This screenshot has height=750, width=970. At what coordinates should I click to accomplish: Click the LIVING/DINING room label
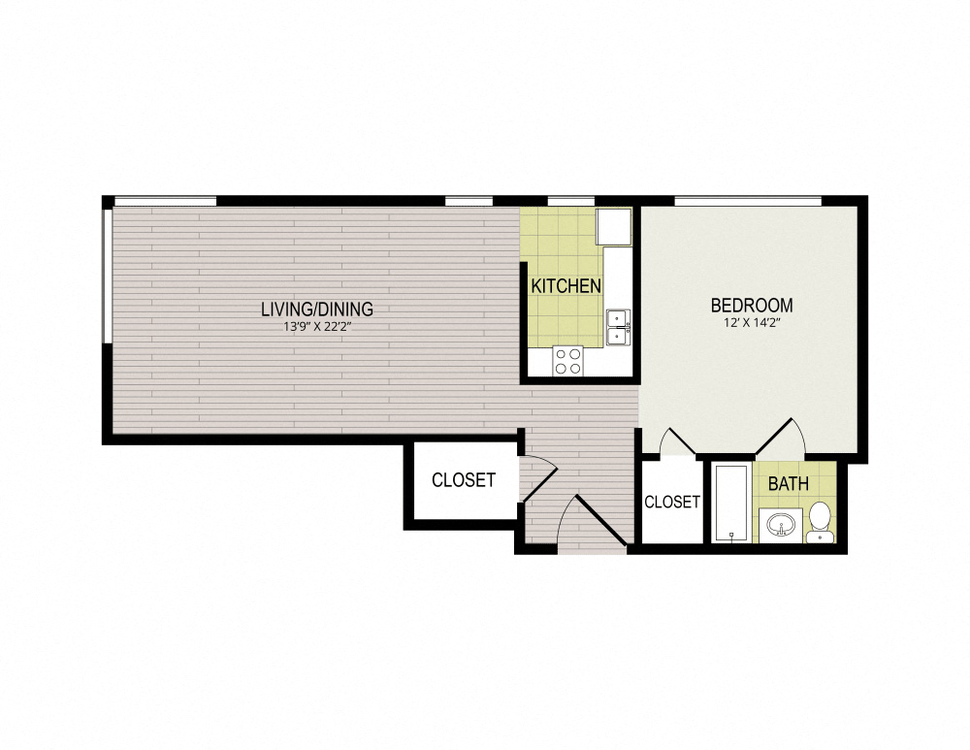pos(316,310)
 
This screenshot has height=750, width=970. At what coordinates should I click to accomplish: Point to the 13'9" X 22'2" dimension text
pos(316,327)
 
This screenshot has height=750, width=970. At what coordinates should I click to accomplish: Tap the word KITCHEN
pos(565,286)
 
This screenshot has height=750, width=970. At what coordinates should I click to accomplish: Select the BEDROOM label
pos(752,305)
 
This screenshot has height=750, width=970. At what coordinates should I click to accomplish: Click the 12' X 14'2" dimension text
pos(752,322)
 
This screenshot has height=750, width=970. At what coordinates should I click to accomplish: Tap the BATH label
pos(788,483)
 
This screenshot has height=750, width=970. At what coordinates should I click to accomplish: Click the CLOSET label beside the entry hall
pos(463,480)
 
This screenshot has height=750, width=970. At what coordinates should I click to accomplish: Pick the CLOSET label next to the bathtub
pos(671,502)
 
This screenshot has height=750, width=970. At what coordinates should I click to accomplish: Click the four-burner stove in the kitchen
pos(568,361)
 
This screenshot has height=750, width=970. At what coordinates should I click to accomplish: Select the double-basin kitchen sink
pos(617,327)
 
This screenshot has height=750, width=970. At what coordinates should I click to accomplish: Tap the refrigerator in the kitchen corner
pos(613,226)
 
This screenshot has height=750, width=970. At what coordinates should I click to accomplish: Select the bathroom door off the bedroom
pos(782,437)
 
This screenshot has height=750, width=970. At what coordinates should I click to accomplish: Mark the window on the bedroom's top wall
pos(748,201)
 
